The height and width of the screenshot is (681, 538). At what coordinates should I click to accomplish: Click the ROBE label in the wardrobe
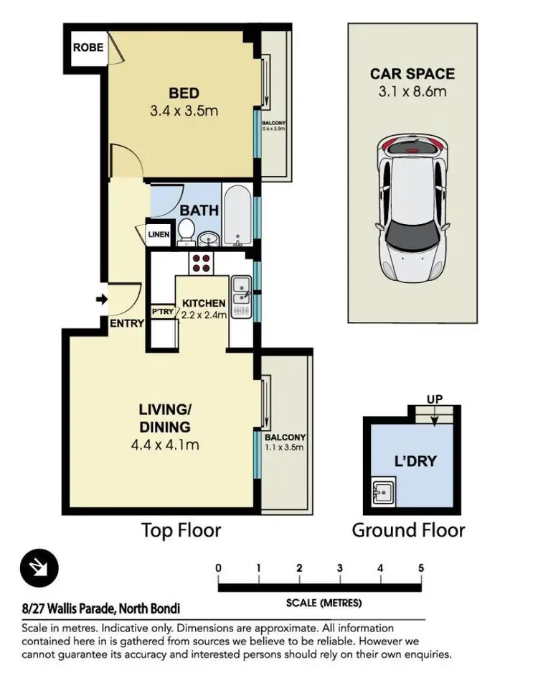coord(88,47)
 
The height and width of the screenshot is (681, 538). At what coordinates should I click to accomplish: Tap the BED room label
coord(184,93)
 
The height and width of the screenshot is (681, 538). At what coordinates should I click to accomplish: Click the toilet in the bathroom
coord(187,231)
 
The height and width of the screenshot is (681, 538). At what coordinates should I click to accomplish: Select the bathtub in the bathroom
coord(238,216)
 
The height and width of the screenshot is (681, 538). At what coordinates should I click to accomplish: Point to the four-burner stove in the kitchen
coord(201,263)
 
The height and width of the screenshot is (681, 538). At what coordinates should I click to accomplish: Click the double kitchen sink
coord(241,297)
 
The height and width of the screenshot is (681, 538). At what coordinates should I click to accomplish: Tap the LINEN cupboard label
coord(159,234)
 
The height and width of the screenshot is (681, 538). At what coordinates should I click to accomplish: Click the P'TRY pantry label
coord(163,311)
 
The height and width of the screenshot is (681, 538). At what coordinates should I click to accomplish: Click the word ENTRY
coord(126,323)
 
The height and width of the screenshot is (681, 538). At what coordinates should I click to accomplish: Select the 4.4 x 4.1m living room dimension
coord(165,445)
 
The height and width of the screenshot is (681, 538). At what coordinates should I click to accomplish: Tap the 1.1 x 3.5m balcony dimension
coord(284,448)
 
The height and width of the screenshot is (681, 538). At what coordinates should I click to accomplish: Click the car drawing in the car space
coord(412,208)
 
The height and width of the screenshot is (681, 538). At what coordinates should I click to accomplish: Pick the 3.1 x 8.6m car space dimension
coord(412,92)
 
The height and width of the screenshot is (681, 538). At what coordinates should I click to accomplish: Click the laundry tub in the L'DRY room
coord(383,491)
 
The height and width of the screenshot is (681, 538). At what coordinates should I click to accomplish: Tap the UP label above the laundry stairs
coord(435,399)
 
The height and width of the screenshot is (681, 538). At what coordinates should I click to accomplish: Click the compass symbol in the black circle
coord(39,567)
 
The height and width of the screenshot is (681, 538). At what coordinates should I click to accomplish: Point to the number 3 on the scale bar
coord(340,568)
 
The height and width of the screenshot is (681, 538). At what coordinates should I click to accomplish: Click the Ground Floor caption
coord(408,530)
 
